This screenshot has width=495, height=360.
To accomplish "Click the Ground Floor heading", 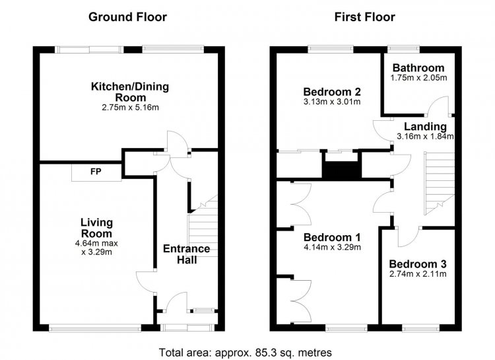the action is point(127,17).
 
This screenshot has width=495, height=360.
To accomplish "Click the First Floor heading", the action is point(364,17).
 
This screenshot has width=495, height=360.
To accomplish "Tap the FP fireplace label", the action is point(96,172).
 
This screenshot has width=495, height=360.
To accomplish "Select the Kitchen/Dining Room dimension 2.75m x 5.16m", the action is point(130,108).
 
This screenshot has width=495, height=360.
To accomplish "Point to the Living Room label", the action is point(96,228).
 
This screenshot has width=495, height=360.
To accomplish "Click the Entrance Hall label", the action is point(187,254).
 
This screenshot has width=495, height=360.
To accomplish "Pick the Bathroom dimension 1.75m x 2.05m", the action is point(418,78).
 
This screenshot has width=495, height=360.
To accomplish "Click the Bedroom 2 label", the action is point(332,92).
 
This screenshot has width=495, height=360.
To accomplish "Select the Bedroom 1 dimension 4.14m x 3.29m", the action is point(332,247).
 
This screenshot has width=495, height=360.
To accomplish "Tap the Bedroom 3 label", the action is point(418,264).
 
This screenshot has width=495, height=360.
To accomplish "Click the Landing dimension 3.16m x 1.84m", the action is point(425,137).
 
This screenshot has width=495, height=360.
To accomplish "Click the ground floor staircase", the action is point(203,226).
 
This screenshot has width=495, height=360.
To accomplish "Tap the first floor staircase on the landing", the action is point(439,184).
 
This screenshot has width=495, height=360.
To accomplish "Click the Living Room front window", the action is point(95,328).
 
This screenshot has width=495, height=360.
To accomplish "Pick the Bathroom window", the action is point(404,49).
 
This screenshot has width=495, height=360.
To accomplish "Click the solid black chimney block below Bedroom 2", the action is point(342,170).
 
